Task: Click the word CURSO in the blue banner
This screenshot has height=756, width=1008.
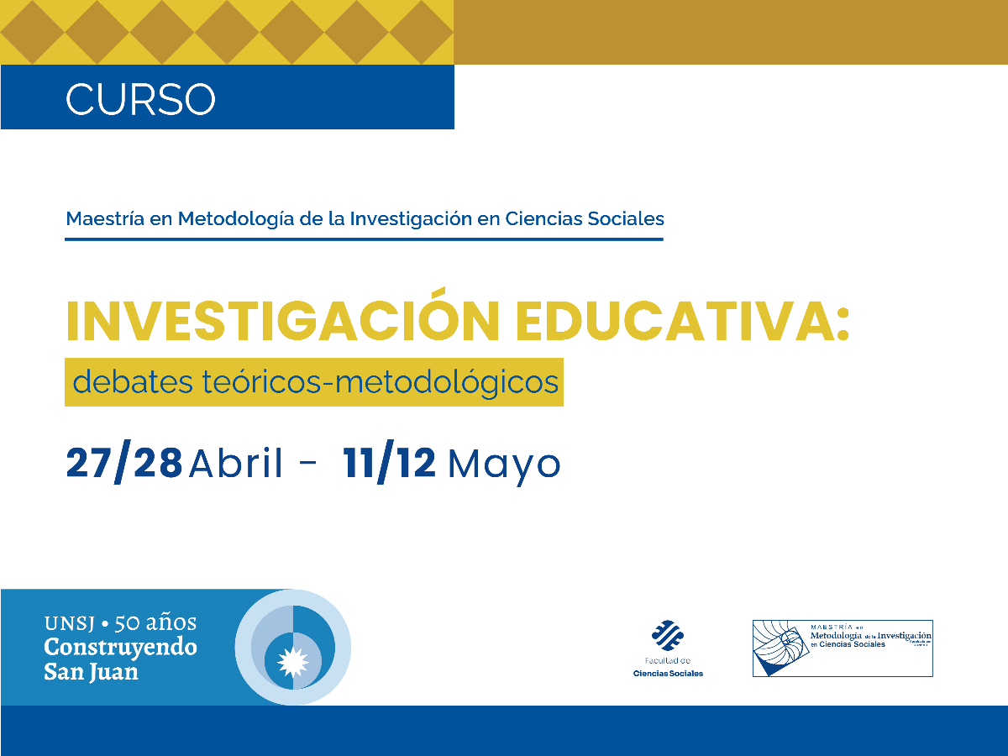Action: (140, 98)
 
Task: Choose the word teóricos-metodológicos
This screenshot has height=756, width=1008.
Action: (381, 383)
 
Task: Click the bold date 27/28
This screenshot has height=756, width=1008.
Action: (124, 463)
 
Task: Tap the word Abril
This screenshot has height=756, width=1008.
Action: (236, 463)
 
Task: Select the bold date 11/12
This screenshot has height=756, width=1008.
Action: (389, 463)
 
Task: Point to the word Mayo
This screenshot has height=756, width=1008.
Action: (504, 465)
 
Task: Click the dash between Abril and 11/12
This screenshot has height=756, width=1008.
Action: (308, 465)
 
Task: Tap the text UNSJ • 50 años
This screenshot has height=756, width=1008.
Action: (120, 623)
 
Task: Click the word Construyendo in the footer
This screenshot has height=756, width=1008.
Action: (120, 648)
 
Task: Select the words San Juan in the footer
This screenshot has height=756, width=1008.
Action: (91, 672)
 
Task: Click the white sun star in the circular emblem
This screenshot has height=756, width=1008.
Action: (292, 659)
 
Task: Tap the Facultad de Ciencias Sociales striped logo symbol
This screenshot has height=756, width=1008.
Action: (668, 635)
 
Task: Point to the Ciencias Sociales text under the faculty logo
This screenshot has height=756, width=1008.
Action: (668, 674)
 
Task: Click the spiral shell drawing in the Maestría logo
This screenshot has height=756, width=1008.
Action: (782, 647)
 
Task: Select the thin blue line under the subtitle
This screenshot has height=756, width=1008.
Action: (364, 239)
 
